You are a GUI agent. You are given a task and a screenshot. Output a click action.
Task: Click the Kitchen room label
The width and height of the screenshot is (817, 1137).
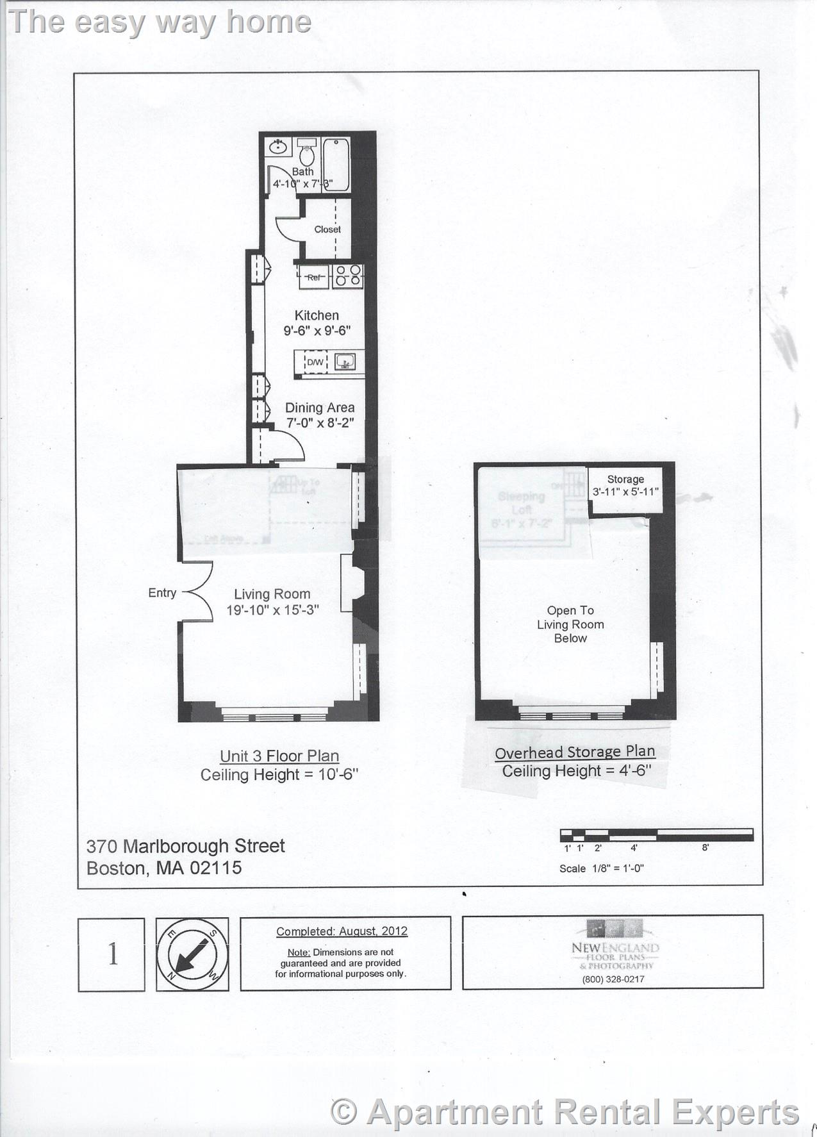[317, 315]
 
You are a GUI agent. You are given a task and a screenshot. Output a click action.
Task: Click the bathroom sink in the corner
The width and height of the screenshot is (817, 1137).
[278, 147]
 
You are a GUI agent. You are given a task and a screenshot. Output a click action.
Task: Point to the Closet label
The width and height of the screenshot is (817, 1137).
[327, 229]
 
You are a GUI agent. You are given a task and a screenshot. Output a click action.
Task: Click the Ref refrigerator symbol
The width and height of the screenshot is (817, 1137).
[313, 278]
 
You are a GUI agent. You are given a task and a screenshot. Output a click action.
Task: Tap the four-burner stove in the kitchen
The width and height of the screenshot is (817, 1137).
[348, 276]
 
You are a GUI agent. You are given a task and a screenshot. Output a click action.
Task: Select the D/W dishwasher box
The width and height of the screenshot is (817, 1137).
[315, 363]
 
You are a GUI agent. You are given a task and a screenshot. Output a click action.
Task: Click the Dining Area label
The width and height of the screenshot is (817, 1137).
[319, 408]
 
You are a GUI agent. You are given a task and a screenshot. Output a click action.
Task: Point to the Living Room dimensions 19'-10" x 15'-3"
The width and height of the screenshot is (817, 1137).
[272, 610]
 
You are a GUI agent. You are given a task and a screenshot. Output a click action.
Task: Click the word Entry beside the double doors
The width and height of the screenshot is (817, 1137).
[162, 593]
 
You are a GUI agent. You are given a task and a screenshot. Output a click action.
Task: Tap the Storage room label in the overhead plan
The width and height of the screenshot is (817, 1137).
[625, 479]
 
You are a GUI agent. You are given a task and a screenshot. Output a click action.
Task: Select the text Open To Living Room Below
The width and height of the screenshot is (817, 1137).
[570, 624]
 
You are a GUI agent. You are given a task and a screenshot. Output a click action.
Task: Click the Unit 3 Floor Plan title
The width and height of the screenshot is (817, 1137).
[279, 756]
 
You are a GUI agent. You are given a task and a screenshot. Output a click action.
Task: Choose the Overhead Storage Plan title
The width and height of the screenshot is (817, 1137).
[575, 752]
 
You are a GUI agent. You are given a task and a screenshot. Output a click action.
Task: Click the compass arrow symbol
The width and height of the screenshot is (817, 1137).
[192, 954]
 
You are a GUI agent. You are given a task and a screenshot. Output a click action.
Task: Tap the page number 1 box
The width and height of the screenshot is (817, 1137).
[112, 954]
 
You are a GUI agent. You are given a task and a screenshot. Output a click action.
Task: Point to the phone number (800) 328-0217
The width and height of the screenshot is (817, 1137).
[613, 979]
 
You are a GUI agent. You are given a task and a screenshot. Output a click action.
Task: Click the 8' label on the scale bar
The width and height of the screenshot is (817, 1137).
[705, 848]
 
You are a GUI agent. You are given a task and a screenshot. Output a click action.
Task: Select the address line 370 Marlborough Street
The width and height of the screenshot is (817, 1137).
[186, 846]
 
